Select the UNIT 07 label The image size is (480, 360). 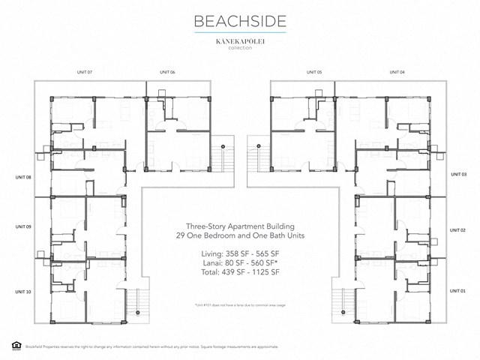[x=84, y=72]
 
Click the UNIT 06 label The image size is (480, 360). [x=167, y=72]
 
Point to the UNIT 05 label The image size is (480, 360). [x=313, y=72]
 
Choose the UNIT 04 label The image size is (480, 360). [x=397, y=72]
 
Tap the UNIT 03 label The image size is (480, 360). [x=458, y=173]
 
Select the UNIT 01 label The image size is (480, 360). [x=458, y=289]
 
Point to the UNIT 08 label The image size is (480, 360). [x=22, y=178]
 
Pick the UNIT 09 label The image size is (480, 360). [x=22, y=226]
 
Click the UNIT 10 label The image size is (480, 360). [x=22, y=291]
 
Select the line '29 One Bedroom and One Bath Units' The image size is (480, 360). [x=240, y=235]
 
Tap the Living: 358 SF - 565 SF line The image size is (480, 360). [x=239, y=255]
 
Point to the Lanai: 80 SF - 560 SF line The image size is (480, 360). [x=240, y=265]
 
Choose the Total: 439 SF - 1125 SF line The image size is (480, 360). [x=240, y=274]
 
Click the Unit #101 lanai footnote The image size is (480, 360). [x=240, y=306]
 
